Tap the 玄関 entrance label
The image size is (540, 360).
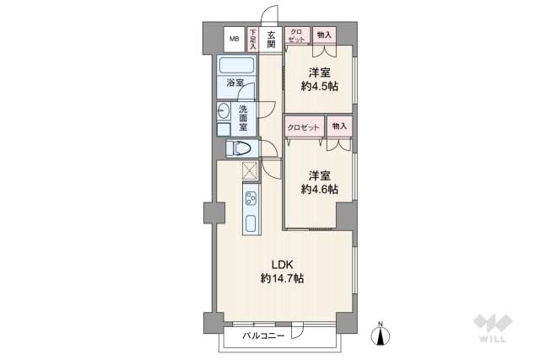tap(272, 39)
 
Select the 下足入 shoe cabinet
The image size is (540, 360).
tap(253, 39)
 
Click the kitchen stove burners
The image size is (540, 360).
tap(251, 199)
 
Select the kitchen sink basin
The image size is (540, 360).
tap(251, 224)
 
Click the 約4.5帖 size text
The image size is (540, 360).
tap(319, 86)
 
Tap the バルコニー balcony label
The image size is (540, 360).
tap(262, 336)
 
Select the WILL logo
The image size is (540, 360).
tap(493, 329)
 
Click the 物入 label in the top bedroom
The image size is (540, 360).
tap(323, 34)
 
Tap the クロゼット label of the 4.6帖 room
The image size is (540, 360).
tap(304, 126)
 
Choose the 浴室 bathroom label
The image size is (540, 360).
tap(235, 83)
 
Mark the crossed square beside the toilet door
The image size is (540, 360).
tap(251, 171)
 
